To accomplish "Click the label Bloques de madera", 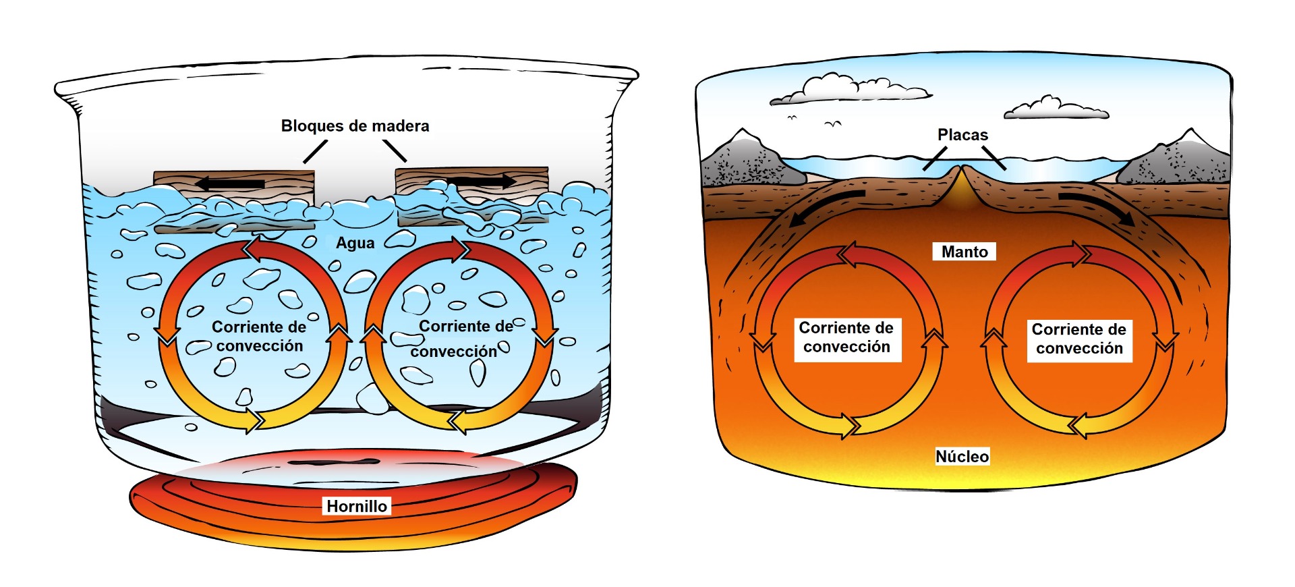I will [355, 126].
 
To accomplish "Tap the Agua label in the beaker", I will [355, 243].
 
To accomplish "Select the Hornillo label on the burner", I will [357, 506].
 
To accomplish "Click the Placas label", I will [962, 135].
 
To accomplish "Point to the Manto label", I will [965, 252].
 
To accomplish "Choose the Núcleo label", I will [962, 457].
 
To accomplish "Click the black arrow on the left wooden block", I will [230, 183].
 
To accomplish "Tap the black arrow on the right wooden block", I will [482, 181].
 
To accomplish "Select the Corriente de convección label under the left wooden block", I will [259, 336].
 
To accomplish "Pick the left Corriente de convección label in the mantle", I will [846, 337].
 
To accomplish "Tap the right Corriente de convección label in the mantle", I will [1079, 339].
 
